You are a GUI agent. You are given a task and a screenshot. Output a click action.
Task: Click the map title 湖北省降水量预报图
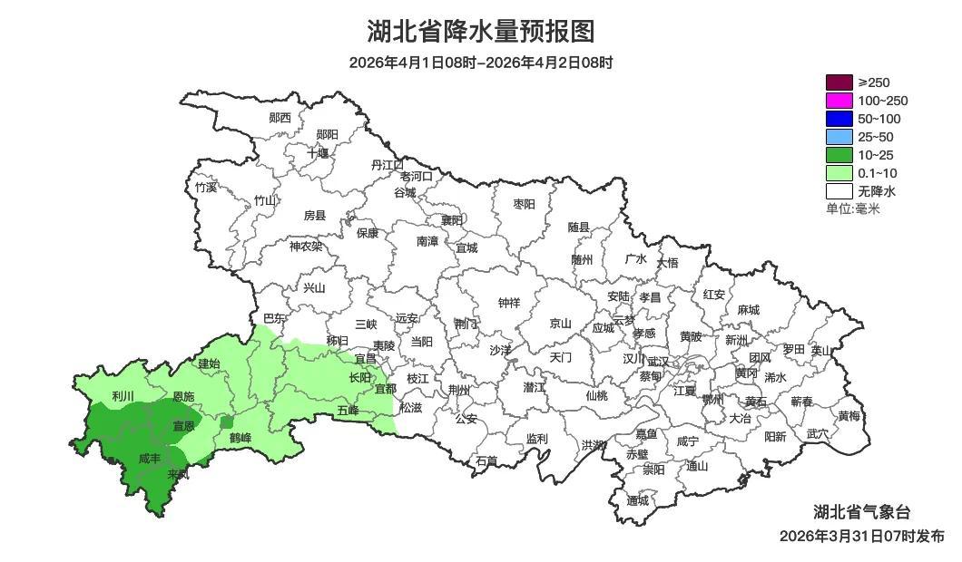pos(481,32)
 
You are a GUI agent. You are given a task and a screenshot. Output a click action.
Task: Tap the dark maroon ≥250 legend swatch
pos(839,82)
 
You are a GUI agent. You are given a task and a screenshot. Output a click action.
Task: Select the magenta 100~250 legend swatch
pos(839,101)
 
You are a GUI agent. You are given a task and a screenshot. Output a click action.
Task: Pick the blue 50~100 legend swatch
pos(839,119)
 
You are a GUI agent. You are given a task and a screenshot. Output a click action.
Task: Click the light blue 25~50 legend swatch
pos(839,137)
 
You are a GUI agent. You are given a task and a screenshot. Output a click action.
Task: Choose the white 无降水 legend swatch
pos(839,191)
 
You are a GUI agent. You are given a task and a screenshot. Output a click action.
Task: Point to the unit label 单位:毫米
pos(852,208)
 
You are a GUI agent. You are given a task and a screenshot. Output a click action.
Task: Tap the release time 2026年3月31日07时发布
pos(861,536)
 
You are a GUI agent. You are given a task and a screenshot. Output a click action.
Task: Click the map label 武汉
pos(657,361)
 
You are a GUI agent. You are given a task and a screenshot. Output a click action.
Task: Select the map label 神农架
pos(306,246)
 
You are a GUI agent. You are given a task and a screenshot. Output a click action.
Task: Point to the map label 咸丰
pos(151,459)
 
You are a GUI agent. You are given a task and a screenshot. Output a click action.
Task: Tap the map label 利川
pos(123,396)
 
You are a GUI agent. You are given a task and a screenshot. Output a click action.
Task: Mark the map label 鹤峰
pos(240,438)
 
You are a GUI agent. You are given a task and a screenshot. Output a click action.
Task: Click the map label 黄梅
pos(849,416)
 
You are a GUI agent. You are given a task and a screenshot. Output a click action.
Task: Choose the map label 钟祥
pos(509,303)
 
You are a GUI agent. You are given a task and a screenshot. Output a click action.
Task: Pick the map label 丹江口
pos(388,164)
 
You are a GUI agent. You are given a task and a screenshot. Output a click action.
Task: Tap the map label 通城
pos(638,500)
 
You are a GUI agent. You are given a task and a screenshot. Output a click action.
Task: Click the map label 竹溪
pos(206,188)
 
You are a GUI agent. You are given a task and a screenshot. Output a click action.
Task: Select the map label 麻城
pos(748,309)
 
